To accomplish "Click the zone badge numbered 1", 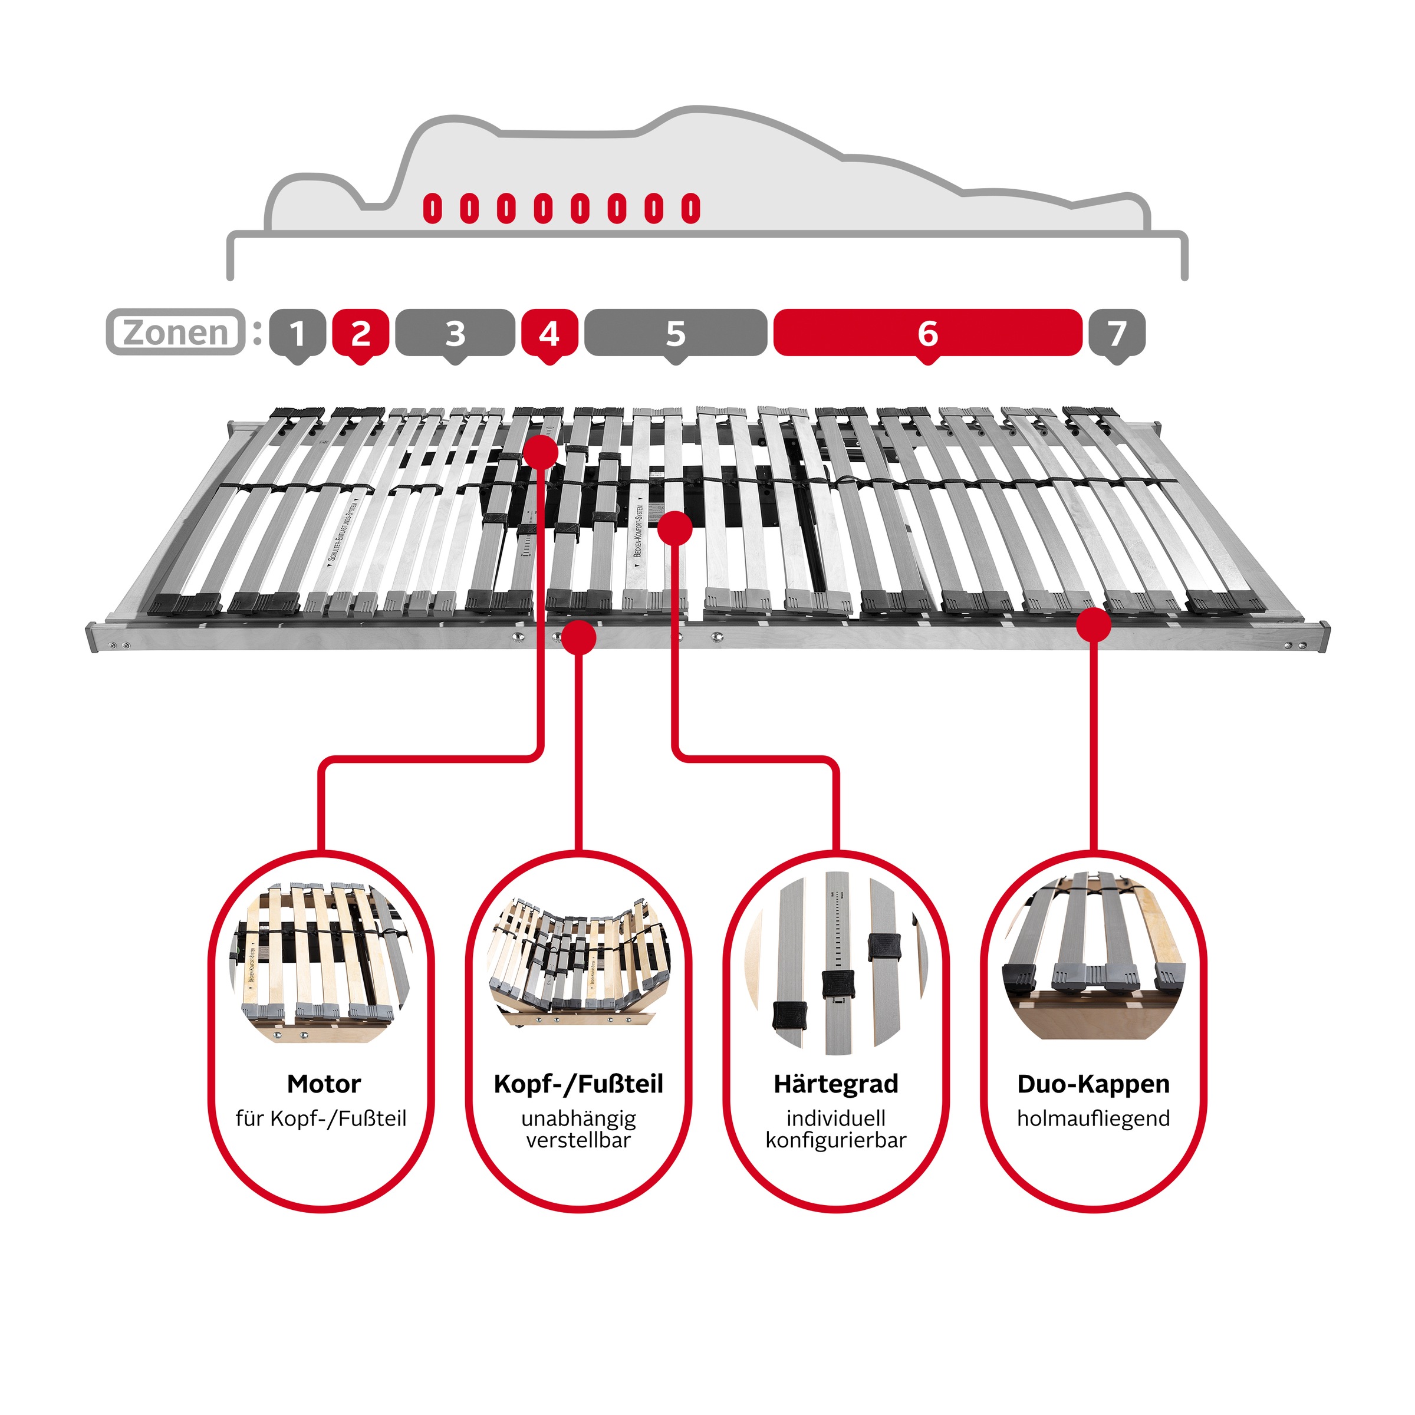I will coord(297,334).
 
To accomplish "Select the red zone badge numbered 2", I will coord(360,334).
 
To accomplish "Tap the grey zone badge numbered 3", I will coord(455,334).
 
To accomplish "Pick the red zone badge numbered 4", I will coord(549,334).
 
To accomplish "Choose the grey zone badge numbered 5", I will coord(675,334).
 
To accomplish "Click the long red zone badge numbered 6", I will coord(927,334).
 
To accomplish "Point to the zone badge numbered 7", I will coord(1116,334).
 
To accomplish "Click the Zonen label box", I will coord(176,333).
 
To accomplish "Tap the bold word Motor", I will coord(324,1084).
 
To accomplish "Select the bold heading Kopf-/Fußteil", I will coord(578,1084).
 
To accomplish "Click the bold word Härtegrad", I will coord(835,1084).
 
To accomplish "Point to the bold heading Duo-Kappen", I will coord(1094,1084).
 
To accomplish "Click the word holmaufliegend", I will coord(1094,1118).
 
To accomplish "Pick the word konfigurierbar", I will coord(835,1140).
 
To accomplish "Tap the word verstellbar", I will coord(578,1140).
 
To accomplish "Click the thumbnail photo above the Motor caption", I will coord(321,963).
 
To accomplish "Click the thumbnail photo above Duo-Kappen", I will coord(1094,956).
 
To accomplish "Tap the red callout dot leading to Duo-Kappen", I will coord(1094,625).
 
